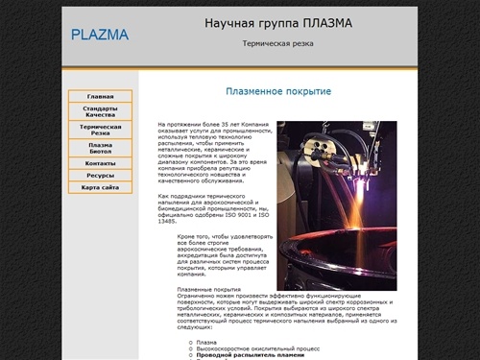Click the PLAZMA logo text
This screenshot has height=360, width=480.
tap(100, 36)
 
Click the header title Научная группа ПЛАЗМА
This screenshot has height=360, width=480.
tap(278, 23)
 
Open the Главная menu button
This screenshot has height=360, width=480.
tap(100, 97)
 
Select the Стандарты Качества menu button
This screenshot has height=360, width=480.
tap(100, 111)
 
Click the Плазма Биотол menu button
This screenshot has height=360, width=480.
tap(100, 148)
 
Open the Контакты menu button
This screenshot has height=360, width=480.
tap(100, 163)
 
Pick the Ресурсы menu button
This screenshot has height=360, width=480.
tap(100, 176)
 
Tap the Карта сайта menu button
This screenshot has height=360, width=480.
tap(100, 188)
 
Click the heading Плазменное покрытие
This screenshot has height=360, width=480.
tap(278, 91)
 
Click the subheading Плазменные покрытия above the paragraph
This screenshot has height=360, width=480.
tap(209, 289)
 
